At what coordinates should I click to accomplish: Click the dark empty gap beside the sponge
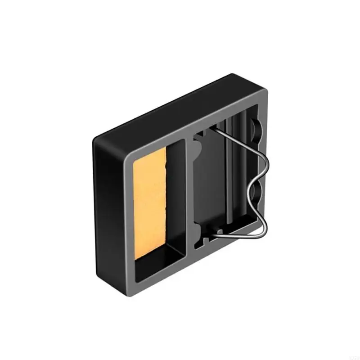[175, 198]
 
